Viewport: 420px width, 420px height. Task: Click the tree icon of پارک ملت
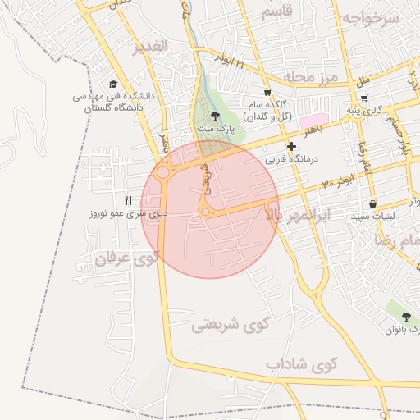[x=215, y=116]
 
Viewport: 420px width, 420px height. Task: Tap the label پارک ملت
[x=215, y=130]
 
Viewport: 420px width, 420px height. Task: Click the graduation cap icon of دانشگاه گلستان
[x=114, y=84]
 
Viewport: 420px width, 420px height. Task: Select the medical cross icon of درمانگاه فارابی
[x=291, y=146]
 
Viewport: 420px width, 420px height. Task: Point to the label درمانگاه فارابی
[x=292, y=159]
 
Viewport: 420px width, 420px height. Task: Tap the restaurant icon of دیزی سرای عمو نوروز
[x=127, y=200]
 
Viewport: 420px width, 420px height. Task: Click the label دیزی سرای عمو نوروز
[x=129, y=213]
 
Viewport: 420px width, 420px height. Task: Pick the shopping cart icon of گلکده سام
[x=267, y=93]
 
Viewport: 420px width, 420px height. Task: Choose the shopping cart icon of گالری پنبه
[x=364, y=98]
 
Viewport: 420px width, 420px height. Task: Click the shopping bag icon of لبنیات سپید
[x=373, y=203]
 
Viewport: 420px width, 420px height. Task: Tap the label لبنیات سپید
[x=373, y=217]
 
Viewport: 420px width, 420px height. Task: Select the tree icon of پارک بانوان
[x=406, y=317]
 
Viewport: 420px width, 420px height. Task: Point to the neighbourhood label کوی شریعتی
[x=231, y=324]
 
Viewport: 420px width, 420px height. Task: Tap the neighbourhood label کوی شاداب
[x=301, y=363]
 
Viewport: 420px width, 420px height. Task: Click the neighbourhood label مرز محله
[x=311, y=77]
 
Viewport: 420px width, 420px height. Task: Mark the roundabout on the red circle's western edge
[x=163, y=173]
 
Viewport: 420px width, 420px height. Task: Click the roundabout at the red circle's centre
[x=204, y=212]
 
